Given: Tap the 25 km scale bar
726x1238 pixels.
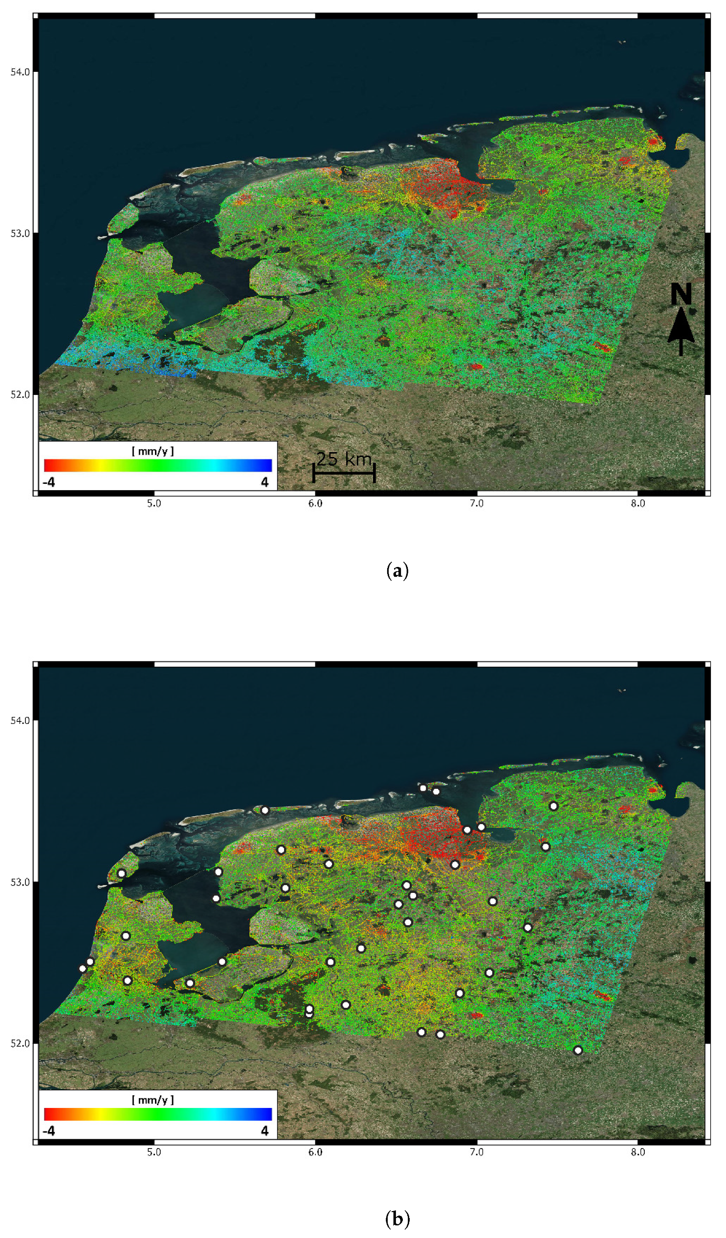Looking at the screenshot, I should click(344, 473).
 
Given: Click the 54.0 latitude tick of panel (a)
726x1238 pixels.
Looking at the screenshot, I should click(20, 72).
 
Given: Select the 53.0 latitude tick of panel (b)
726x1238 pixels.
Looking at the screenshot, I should click(20, 882).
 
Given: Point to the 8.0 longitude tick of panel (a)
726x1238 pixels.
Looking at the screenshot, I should click(638, 503).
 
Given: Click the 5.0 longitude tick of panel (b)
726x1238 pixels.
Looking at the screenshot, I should click(154, 1152).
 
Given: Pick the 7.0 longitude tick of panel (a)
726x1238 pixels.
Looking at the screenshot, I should click(477, 503).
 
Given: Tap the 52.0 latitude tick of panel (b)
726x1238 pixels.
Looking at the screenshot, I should click(20, 1043).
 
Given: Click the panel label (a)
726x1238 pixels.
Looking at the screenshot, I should click(397, 571).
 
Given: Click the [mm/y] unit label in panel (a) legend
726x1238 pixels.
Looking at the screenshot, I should click(153, 451).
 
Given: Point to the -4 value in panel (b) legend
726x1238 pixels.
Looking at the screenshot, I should click(49, 1131).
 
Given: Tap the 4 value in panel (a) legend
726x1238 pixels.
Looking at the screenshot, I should click(264, 482).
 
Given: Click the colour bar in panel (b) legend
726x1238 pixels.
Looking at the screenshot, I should click(158, 1114).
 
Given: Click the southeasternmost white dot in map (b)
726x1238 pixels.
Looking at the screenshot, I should click(578, 1050).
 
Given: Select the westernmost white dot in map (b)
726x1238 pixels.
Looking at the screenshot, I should click(83, 969).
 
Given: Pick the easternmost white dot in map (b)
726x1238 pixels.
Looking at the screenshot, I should click(578, 1050).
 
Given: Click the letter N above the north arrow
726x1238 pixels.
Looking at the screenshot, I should click(681, 294).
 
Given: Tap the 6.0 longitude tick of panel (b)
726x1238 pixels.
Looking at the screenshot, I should click(315, 1152).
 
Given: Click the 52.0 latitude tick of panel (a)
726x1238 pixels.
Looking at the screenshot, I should click(20, 394).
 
